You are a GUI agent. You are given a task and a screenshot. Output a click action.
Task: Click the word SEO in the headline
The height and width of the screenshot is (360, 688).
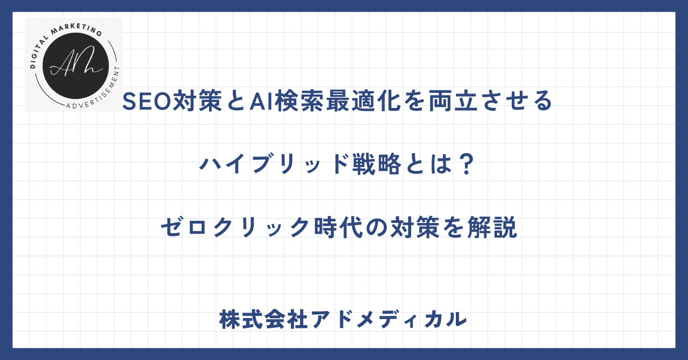(x=147, y=101)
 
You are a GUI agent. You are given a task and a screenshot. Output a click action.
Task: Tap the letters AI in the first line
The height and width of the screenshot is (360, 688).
(x=262, y=101)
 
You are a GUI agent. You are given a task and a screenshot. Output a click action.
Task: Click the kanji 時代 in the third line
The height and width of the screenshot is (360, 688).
(x=339, y=227)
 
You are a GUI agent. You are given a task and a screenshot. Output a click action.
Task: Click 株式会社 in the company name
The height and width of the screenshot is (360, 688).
(x=263, y=320)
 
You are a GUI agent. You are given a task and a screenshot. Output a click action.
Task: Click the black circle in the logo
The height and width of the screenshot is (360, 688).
(x=76, y=66)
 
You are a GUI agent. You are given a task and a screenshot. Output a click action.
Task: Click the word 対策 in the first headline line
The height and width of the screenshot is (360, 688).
(x=197, y=101)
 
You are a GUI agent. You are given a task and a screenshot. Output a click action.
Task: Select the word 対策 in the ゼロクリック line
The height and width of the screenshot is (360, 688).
(x=415, y=227)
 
